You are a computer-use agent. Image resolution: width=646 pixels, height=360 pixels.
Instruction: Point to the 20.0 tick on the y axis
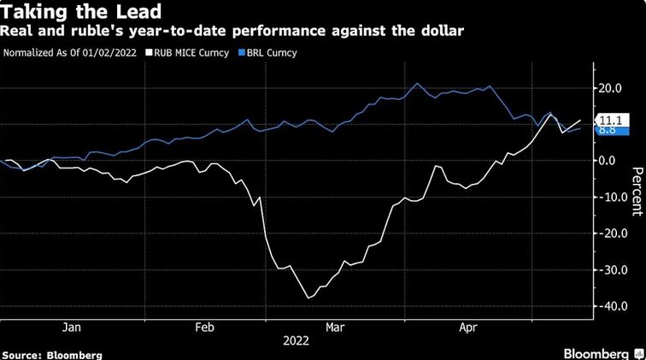click(x=608, y=87)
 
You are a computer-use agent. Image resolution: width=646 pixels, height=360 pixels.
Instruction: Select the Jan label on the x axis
click(x=72, y=327)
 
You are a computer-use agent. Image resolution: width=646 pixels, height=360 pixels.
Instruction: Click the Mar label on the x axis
click(x=334, y=327)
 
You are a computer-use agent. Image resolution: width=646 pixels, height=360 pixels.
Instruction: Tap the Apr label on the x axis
click(x=467, y=327)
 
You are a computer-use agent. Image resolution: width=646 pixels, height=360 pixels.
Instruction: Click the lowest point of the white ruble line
click(x=308, y=298)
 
